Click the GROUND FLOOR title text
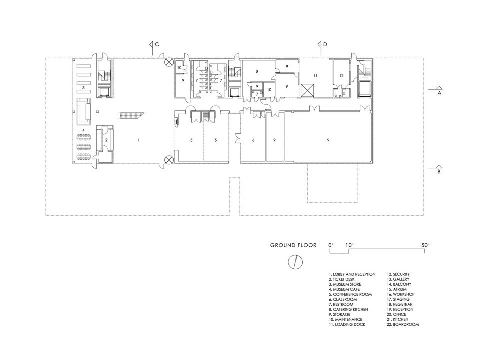[293, 245]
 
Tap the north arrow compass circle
[295, 262]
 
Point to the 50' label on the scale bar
[425, 245]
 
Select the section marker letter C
[157, 44]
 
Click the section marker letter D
[325, 44]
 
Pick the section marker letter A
[439, 93]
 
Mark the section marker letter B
[439, 171]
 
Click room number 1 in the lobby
[138, 140]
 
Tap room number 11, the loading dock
[315, 75]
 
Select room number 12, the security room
[341, 75]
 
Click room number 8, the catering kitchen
[257, 72]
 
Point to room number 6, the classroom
[253, 140]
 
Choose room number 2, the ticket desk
[106, 140]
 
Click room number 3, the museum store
[83, 88]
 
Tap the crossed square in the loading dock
[307, 90]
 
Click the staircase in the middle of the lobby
[131, 115]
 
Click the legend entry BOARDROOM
[403, 324]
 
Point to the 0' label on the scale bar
[330, 245]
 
